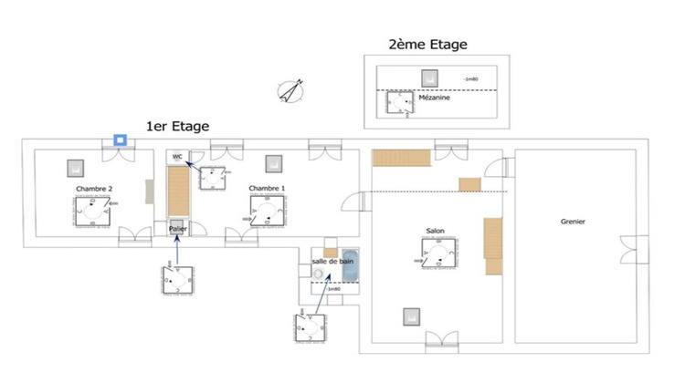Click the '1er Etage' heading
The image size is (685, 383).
click(x=178, y=126)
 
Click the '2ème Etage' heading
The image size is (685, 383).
click(x=427, y=44)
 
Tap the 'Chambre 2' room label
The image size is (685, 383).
click(x=94, y=189)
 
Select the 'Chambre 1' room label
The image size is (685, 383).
click(x=267, y=189)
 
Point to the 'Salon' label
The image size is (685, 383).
click(x=435, y=232)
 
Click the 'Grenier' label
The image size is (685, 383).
click(x=573, y=222)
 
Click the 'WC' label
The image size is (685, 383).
click(x=178, y=157)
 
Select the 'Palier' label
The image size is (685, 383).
click(x=177, y=228)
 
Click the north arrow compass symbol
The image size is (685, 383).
click(x=292, y=90)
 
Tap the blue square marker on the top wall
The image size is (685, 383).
click(x=119, y=140)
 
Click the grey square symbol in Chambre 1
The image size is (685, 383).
click(x=271, y=163)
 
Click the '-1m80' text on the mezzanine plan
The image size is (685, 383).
click(x=471, y=79)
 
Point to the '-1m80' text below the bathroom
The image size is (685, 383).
click(x=332, y=290)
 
